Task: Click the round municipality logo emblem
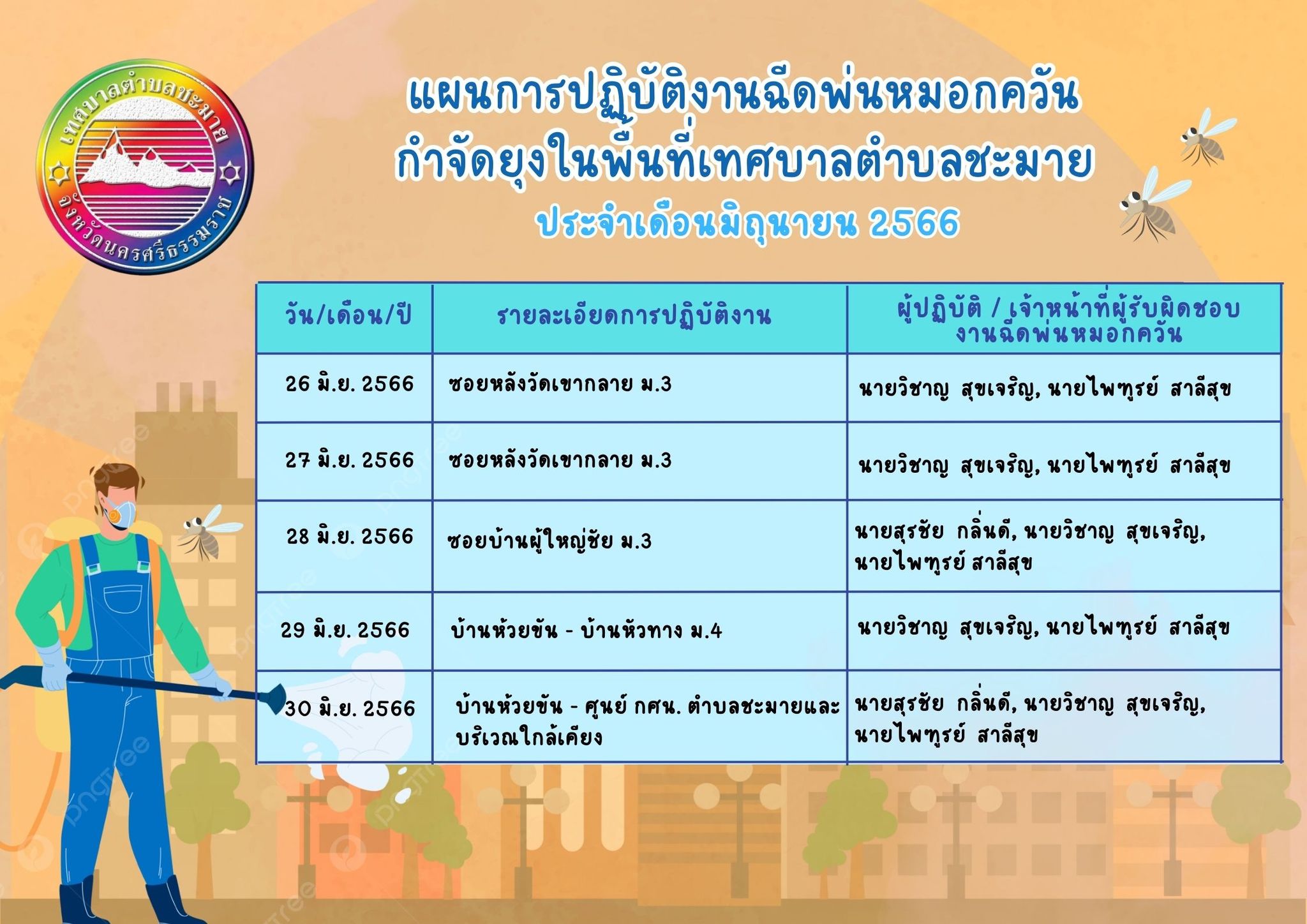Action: (145, 168)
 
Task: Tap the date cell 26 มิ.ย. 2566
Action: (350, 384)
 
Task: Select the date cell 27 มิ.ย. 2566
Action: (350, 459)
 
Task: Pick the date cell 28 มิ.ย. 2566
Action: (350, 536)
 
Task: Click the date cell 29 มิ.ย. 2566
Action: (345, 630)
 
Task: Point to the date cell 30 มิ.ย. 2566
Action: (350, 708)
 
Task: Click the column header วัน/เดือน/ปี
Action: (348, 315)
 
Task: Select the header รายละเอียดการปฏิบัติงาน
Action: (634, 316)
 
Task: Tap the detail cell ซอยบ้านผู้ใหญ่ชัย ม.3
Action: (549, 540)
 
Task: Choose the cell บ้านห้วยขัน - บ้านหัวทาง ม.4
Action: (586, 630)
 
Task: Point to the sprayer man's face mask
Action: (121, 512)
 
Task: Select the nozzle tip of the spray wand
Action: (278, 696)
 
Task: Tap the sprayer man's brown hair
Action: (115, 482)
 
